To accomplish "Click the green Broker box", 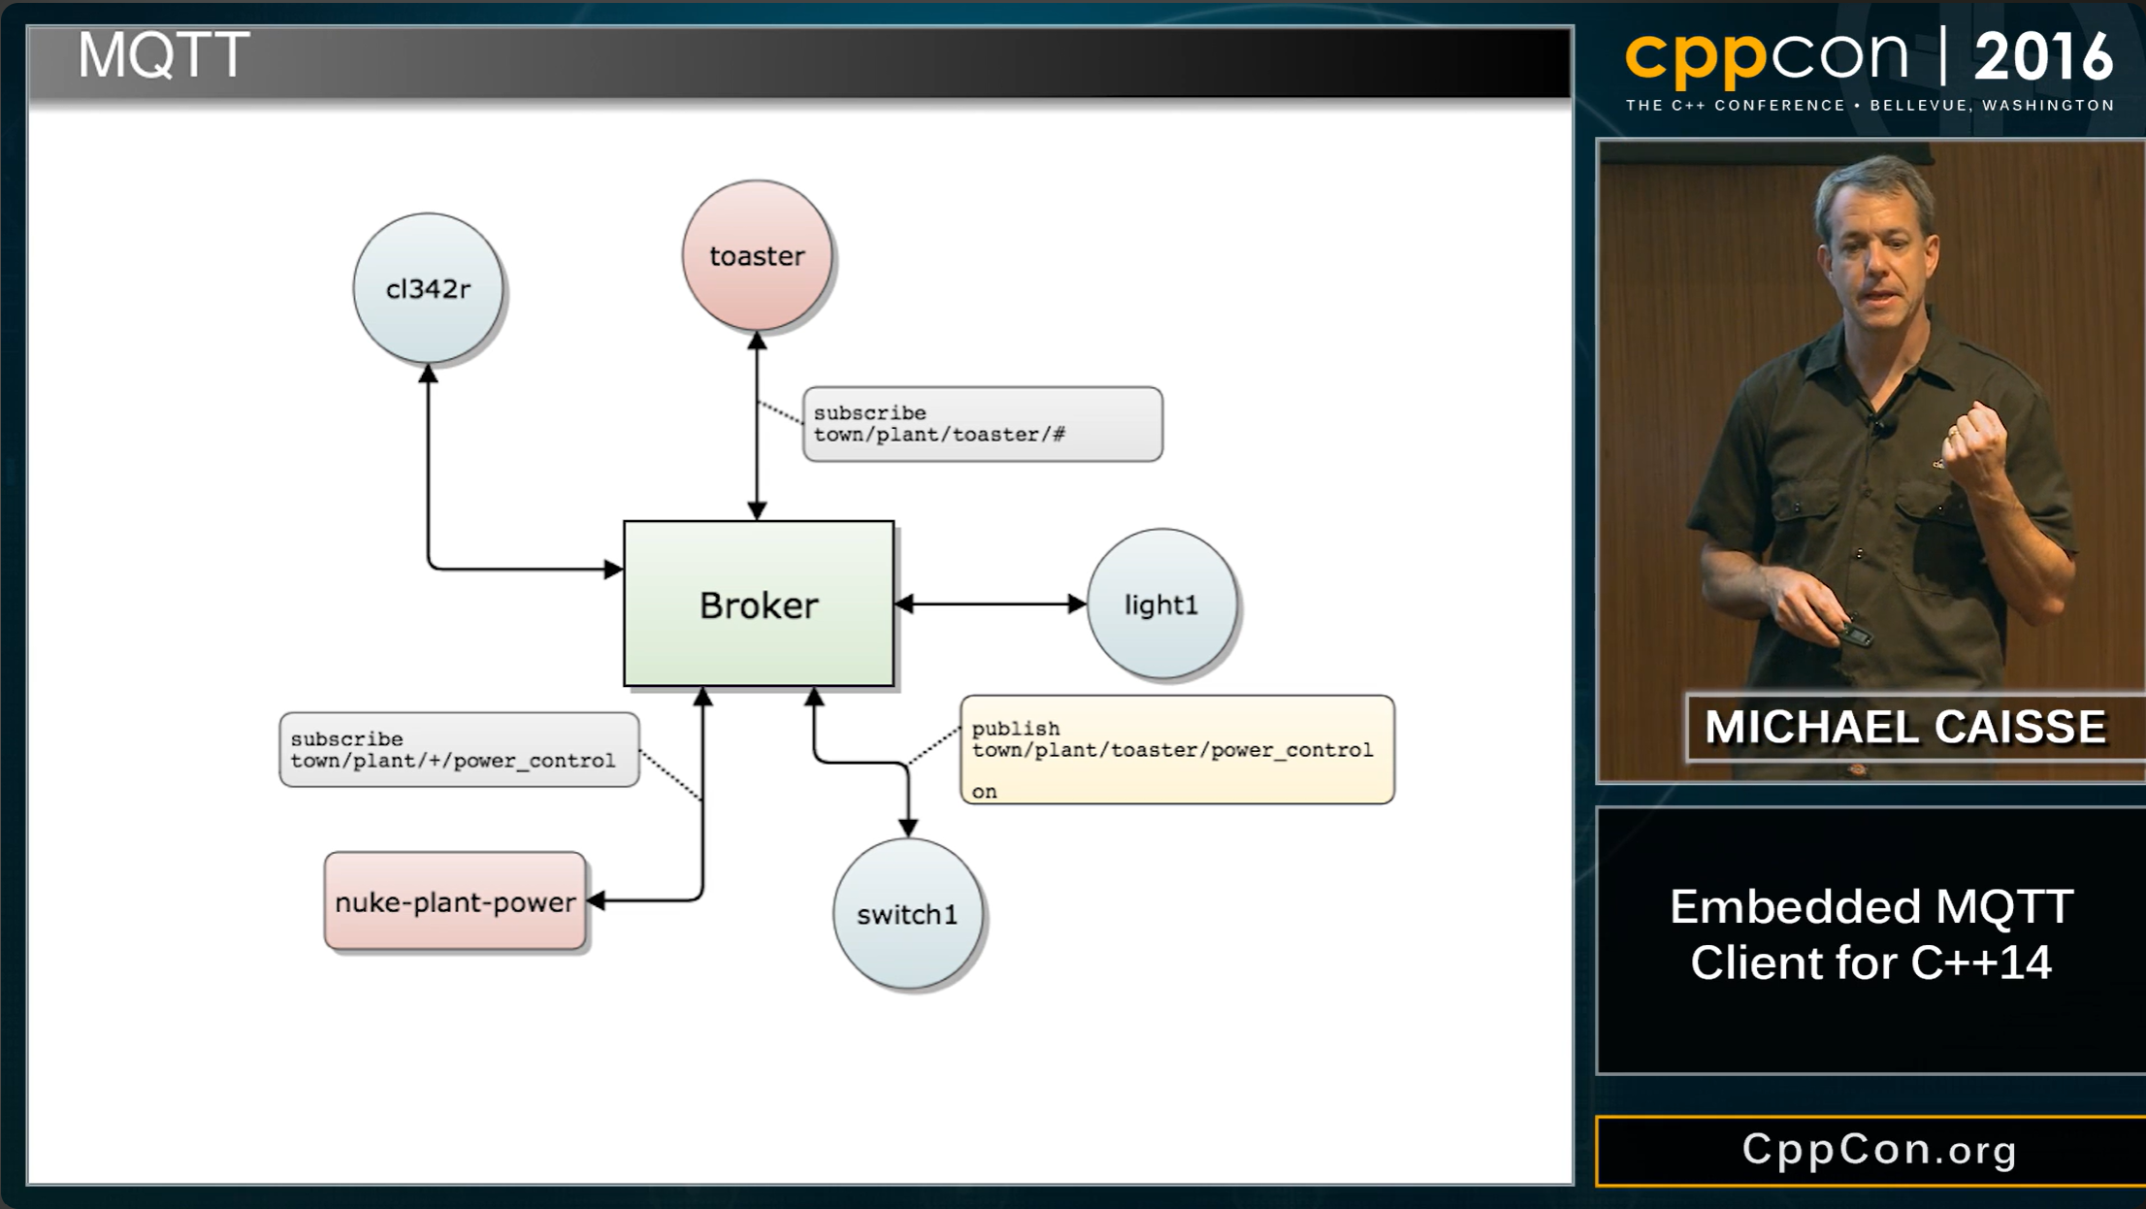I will pyautogui.click(x=758, y=604).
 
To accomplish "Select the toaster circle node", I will pyautogui.click(x=757, y=255).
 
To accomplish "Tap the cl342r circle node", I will pyautogui.click(x=428, y=288).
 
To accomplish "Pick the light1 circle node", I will pyautogui.click(x=1161, y=604).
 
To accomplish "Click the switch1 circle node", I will pyautogui.click(x=907, y=913).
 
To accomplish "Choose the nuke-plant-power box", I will pyautogui.click(x=455, y=901).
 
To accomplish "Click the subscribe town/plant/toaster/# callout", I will pyautogui.click(x=982, y=424).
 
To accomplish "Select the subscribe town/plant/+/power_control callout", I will pyautogui.click(x=458, y=749).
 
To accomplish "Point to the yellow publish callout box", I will pyautogui.click(x=1176, y=749).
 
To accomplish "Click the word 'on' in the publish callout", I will pyautogui.click(x=984, y=791).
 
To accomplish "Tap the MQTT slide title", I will pyautogui.click(x=163, y=56).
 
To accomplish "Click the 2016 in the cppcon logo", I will pyautogui.click(x=2043, y=56).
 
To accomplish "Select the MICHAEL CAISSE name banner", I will pyautogui.click(x=1904, y=727).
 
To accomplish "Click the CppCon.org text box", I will pyautogui.click(x=1879, y=1150).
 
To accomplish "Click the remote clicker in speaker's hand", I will pyautogui.click(x=1854, y=636).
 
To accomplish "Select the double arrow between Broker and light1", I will pyautogui.click(x=990, y=604).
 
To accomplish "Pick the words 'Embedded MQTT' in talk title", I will pyautogui.click(x=1870, y=907).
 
